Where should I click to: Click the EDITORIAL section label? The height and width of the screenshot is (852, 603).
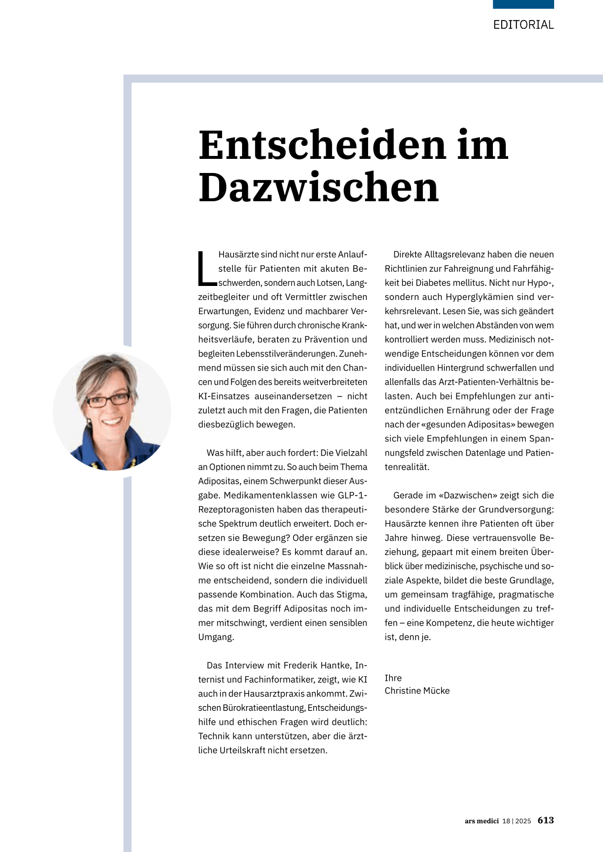tap(523, 25)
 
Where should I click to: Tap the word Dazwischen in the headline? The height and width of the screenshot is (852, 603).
tap(319, 188)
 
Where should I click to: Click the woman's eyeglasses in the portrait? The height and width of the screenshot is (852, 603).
tap(108, 401)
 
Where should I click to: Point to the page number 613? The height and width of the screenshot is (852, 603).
tap(545, 820)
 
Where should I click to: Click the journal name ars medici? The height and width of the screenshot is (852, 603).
tap(481, 821)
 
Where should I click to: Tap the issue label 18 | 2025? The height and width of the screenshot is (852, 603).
tap(516, 821)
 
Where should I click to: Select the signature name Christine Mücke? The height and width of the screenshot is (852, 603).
tap(417, 691)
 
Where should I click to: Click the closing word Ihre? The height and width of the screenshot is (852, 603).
tap(393, 678)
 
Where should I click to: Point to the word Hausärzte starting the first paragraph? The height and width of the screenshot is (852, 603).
tap(238, 255)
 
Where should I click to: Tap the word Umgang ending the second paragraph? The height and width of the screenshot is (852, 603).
tap(216, 637)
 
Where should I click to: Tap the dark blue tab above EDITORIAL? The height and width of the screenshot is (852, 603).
tap(523, 4)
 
